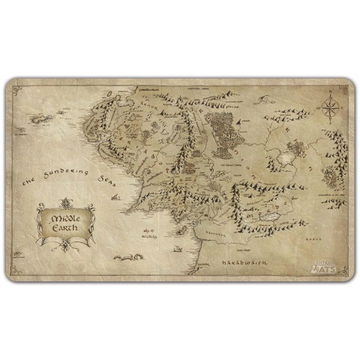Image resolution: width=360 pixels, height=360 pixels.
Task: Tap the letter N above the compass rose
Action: click(x=330, y=91)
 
